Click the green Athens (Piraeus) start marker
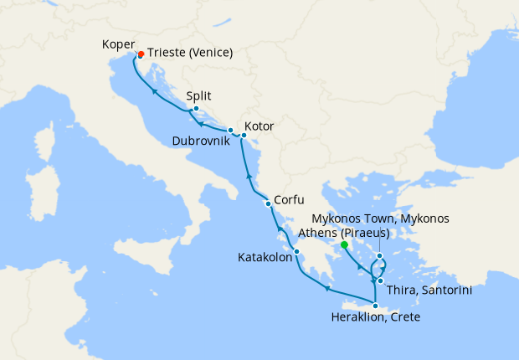coord(344,245)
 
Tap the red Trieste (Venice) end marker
coord(141,54)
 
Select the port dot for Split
coord(195,108)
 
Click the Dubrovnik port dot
coord(230,130)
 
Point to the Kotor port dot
coord(242,134)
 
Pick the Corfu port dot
coord(268,203)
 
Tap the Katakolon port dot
coord(296,250)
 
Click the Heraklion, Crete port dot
coord(374,306)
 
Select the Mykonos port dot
coord(380,256)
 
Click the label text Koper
coord(116,44)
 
